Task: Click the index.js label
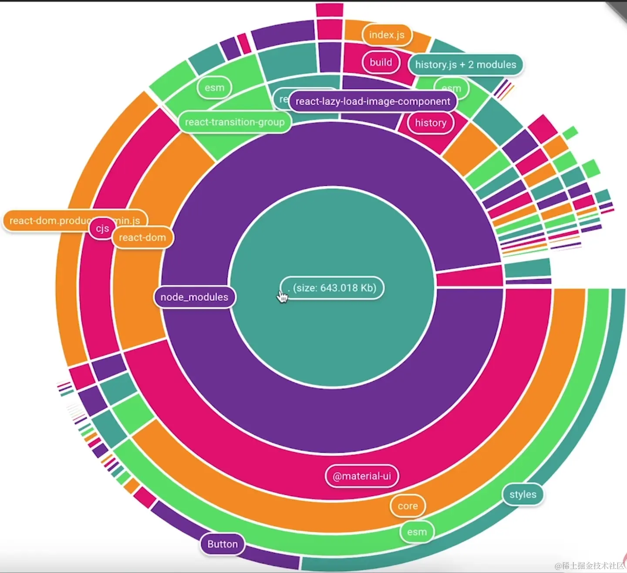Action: point(387,35)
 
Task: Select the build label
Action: point(381,62)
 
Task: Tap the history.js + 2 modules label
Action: point(465,65)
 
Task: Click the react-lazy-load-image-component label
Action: point(373,101)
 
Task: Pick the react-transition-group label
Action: point(235,122)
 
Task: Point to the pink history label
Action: point(431,123)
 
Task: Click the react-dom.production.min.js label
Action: point(48,220)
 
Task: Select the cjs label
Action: point(102,229)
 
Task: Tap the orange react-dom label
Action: point(142,237)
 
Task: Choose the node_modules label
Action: point(194,297)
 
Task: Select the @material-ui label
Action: point(362,476)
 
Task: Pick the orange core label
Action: point(408,506)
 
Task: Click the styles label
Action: point(523,494)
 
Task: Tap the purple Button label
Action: point(222,544)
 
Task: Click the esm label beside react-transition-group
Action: point(214,88)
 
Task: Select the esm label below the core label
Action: point(417,532)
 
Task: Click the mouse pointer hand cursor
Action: point(282,296)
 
